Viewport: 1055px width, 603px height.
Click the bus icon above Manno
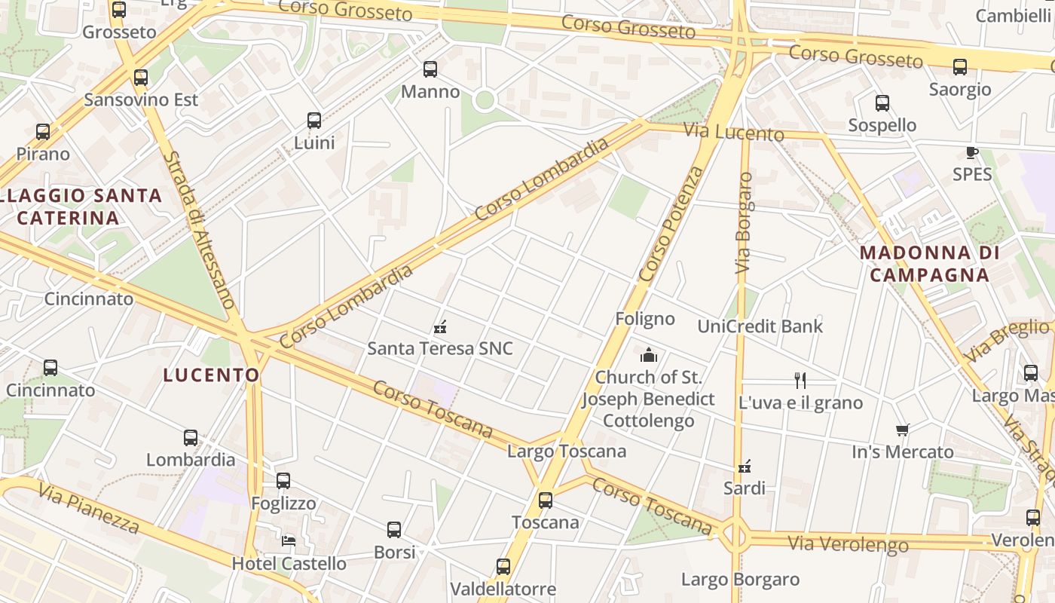click(430, 69)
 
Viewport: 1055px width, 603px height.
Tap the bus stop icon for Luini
click(314, 121)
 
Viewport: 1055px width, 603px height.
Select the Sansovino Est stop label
click(141, 99)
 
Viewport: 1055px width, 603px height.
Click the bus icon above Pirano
click(43, 132)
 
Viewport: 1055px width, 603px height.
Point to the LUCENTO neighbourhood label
click(211, 375)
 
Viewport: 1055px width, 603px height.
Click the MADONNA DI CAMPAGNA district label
click(929, 264)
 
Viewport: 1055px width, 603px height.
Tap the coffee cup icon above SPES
click(972, 153)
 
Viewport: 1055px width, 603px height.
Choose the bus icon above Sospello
click(882, 103)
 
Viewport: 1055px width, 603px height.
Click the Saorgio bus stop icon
click(960, 67)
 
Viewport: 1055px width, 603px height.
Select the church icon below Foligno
click(648, 355)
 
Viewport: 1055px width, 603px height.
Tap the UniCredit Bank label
click(760, 326)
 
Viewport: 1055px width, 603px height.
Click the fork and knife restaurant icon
click(800, 381)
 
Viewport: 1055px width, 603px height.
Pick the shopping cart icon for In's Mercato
click(902, 430)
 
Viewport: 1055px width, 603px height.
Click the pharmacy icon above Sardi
click(745, 467)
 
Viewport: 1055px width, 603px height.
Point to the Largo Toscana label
click(567, 451)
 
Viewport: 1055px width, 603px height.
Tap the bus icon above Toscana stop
click(546, 500)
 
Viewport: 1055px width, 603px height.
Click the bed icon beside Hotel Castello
click(289, 540)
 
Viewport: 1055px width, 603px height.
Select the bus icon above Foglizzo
click(283, 481)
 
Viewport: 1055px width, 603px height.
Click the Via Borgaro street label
click(744, 223)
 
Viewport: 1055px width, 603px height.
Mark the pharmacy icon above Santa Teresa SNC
click(441, 327)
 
